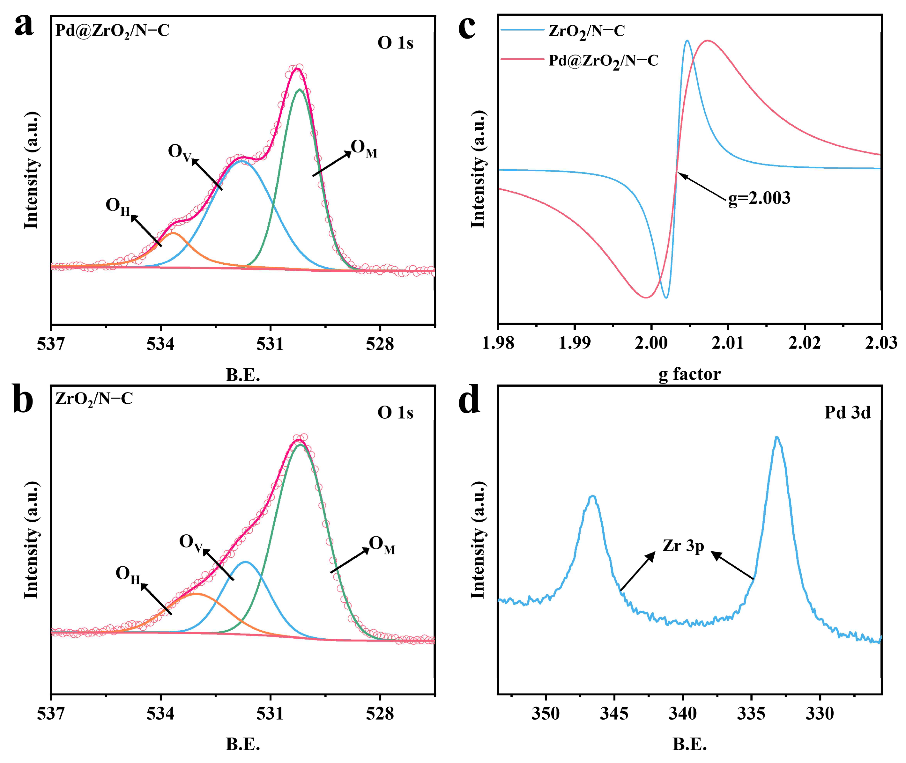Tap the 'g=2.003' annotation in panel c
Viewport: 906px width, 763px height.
pyautogui.click(x=759, y=198)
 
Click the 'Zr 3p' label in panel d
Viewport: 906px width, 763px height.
pyautogui.click(x=683, y=546)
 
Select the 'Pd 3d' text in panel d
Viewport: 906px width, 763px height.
pyautogui.click(x=847, y=412)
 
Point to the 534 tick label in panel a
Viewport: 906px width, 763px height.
pyautogui.click(x=160, y=344)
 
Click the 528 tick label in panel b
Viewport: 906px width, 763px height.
pyautogui.click(x=380, y=713)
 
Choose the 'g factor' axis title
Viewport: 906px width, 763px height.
pyautogui.click(x=690, y=374)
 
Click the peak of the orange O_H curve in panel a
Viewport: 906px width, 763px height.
pyautogui.click(x=173, y=233)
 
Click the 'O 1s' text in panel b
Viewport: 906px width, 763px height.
pyautogui.click(x=395, y=412)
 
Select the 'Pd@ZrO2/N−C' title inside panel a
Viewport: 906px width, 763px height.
pyautogui.click(x=113, y=31)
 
